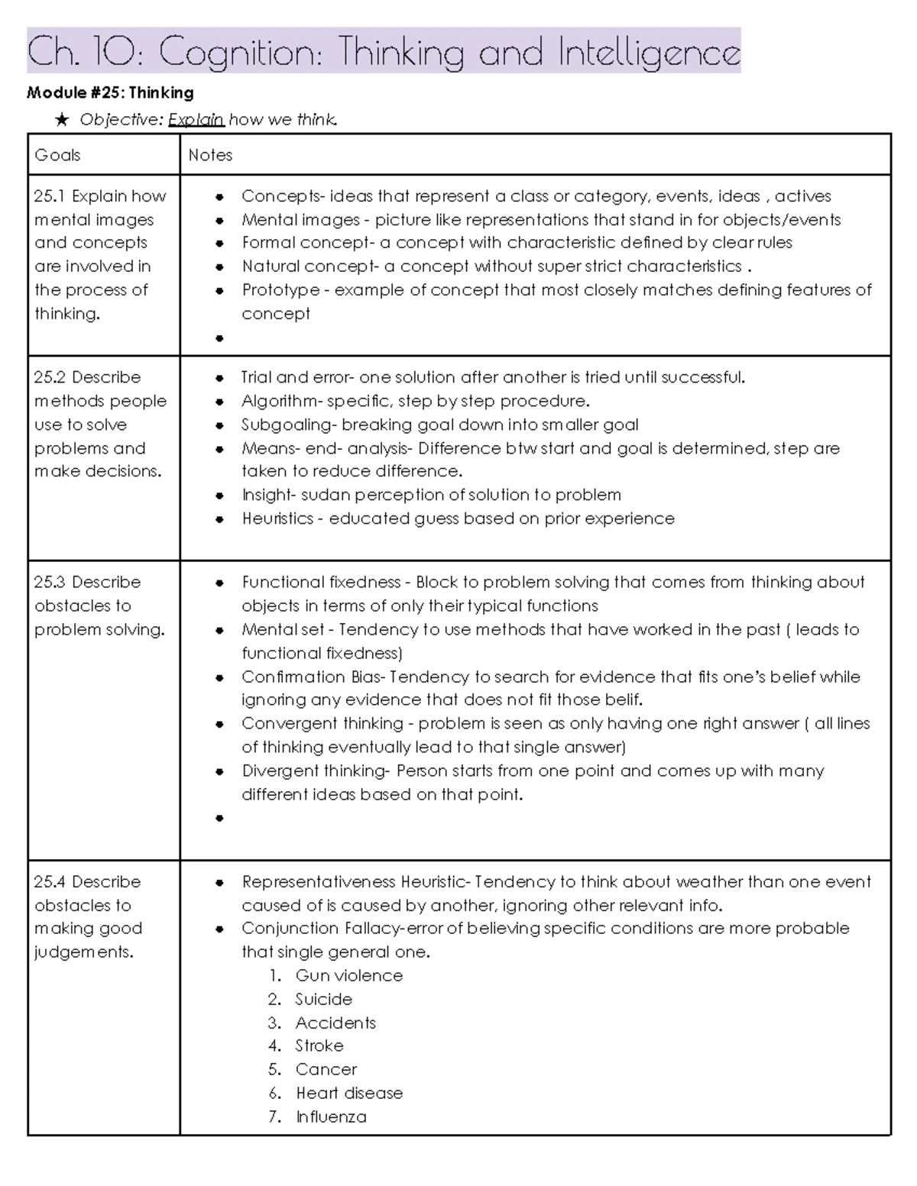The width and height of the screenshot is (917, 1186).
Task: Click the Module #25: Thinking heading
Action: coord(110,93)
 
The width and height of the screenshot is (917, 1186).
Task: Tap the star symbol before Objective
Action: coord(63,120)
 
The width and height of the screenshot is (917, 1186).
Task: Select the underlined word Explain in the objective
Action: coord(196,120)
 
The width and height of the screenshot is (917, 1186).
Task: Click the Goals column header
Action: coord(57,155)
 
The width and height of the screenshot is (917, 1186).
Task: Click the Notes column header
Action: coord(210,155)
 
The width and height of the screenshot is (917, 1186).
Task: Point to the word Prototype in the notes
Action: coord(280,290)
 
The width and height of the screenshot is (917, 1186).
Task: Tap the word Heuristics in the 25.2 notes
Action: coord(277,519)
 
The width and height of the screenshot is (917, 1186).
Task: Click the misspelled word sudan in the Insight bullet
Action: coord(326,495)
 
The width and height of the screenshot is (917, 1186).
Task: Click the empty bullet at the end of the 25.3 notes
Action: coord(220,818)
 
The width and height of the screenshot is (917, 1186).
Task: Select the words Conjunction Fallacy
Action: coord(320,929)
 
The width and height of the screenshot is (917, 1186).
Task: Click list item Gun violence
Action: coord(348,975)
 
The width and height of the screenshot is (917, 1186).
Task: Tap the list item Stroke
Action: coord(319,1045)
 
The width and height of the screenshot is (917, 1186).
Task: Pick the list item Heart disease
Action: coord(348,1093)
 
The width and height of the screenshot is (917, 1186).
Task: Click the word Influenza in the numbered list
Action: coord(331,1117)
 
